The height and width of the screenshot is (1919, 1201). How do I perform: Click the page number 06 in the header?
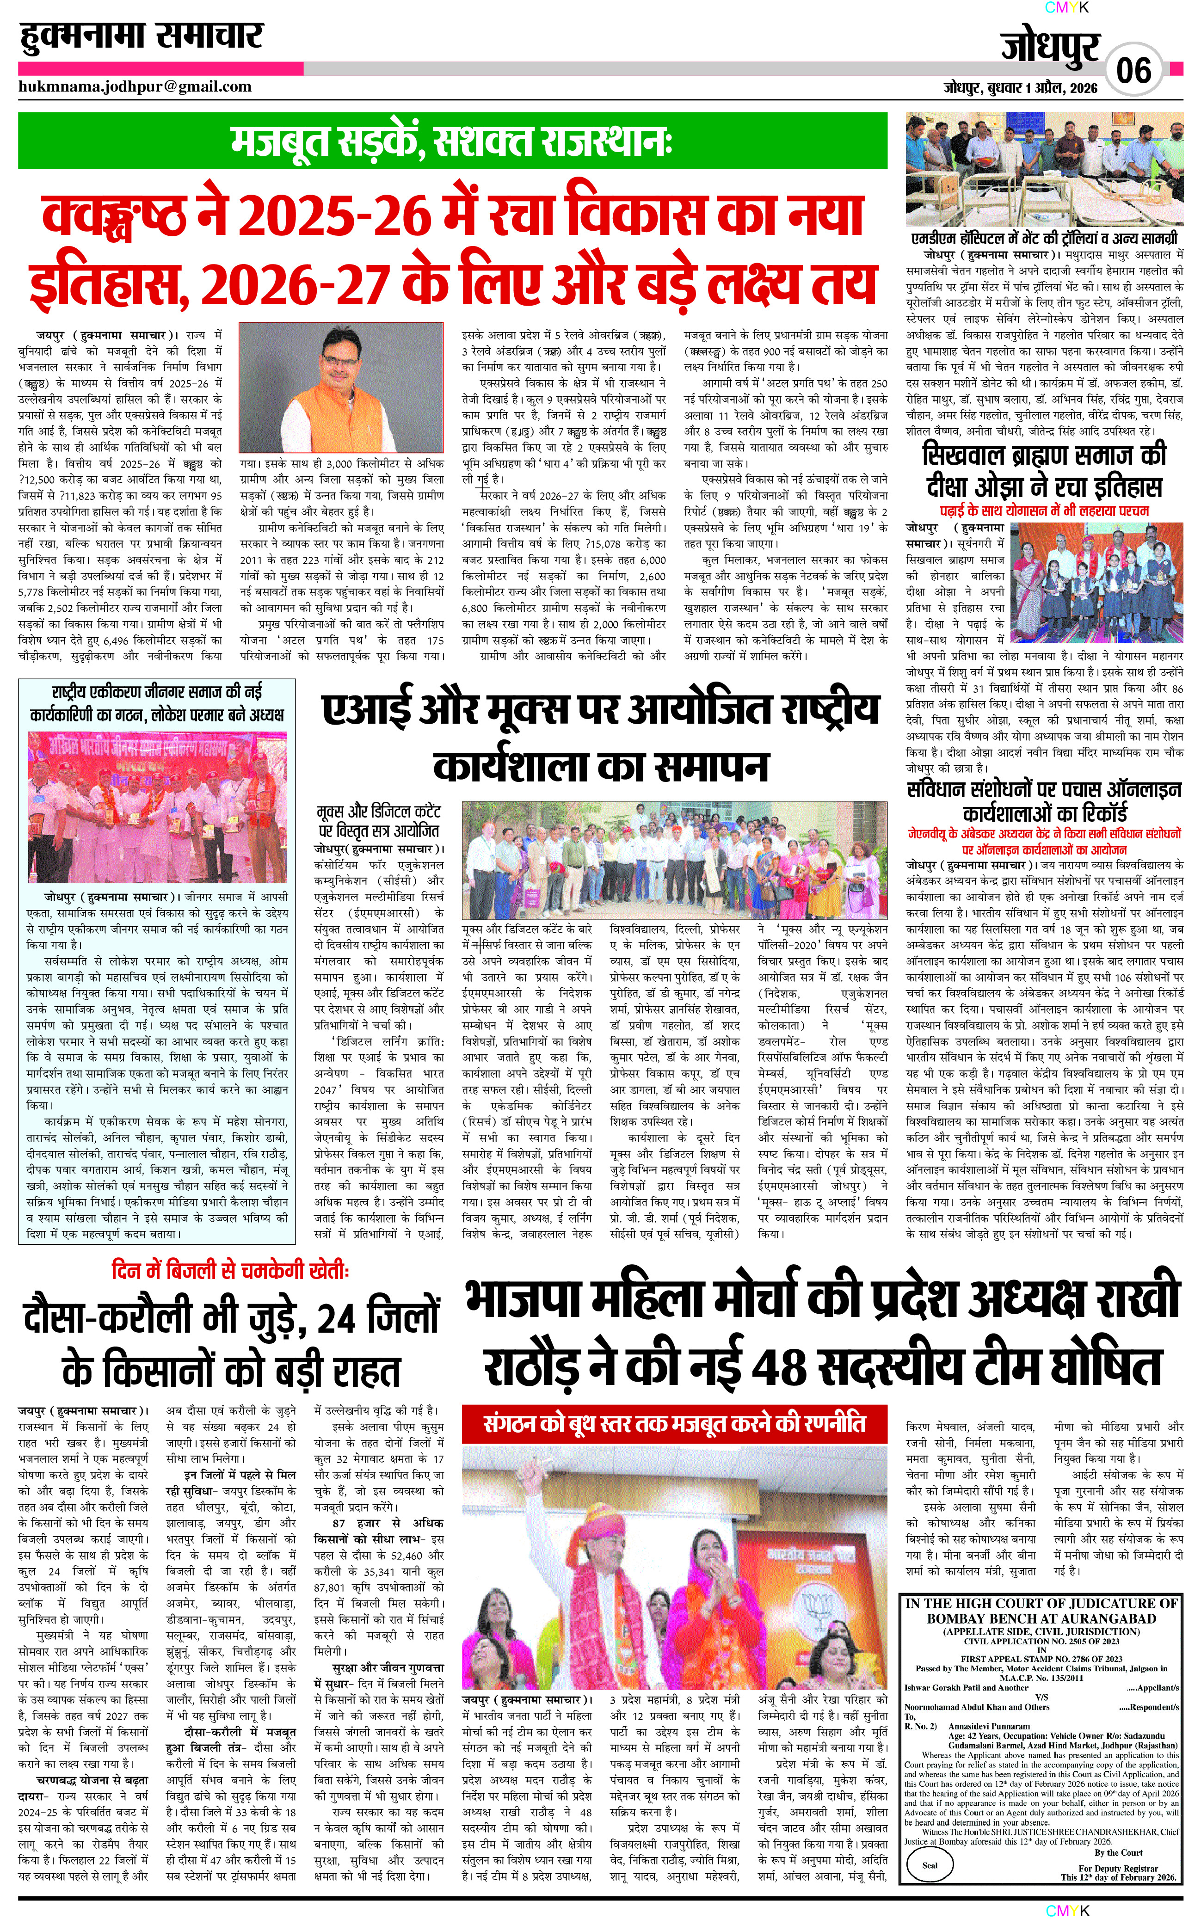click(x=1133, y=70)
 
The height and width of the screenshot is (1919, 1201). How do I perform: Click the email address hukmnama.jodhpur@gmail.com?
click(x=135, y=86)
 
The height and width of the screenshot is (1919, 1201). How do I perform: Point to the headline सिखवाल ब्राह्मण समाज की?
click(x=1045, y=456)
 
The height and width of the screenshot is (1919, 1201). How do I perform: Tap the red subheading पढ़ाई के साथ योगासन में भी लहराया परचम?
click(x=1045, y=510)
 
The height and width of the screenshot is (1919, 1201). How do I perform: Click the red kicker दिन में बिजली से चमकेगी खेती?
click(x=230, y=1271)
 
